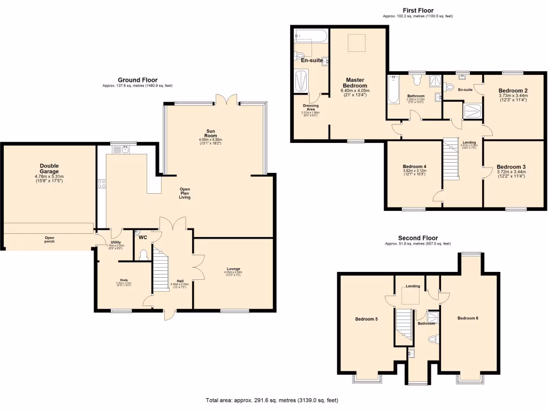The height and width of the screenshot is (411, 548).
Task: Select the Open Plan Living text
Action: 185,193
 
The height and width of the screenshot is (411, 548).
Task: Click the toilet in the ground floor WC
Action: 142,255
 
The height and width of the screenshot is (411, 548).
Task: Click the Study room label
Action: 124,280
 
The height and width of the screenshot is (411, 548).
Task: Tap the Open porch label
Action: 49,239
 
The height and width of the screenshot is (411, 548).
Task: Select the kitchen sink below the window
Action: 125,150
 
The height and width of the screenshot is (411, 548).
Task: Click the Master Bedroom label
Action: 355,82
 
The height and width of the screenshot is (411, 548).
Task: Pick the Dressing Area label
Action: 311,108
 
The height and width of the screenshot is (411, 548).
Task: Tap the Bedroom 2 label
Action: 513,90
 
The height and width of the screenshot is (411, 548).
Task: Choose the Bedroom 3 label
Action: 511,166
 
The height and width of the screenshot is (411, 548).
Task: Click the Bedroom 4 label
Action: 414,166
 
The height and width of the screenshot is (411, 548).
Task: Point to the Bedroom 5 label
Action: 367,319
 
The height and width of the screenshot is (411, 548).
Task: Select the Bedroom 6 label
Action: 468,318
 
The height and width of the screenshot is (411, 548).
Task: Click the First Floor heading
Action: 418,10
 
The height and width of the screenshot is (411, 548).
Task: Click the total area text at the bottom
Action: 272,400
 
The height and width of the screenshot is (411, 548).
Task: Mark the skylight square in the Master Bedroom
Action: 357,43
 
